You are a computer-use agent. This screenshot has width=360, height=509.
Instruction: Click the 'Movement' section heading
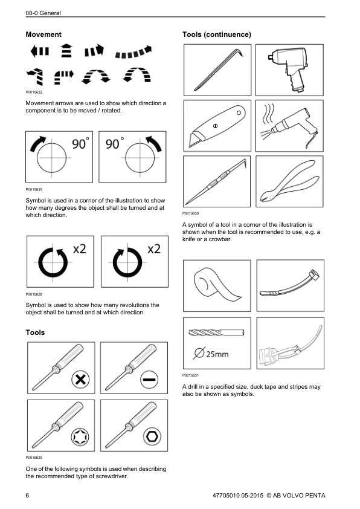click(43, 34)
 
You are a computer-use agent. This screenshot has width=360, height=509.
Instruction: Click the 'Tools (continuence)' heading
click(216, 34)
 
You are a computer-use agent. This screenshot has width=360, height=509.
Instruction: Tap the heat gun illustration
click(289, 126)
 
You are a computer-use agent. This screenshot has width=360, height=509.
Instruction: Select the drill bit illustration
click(216, 332)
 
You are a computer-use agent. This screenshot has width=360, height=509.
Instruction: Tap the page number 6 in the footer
click(28, 496)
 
